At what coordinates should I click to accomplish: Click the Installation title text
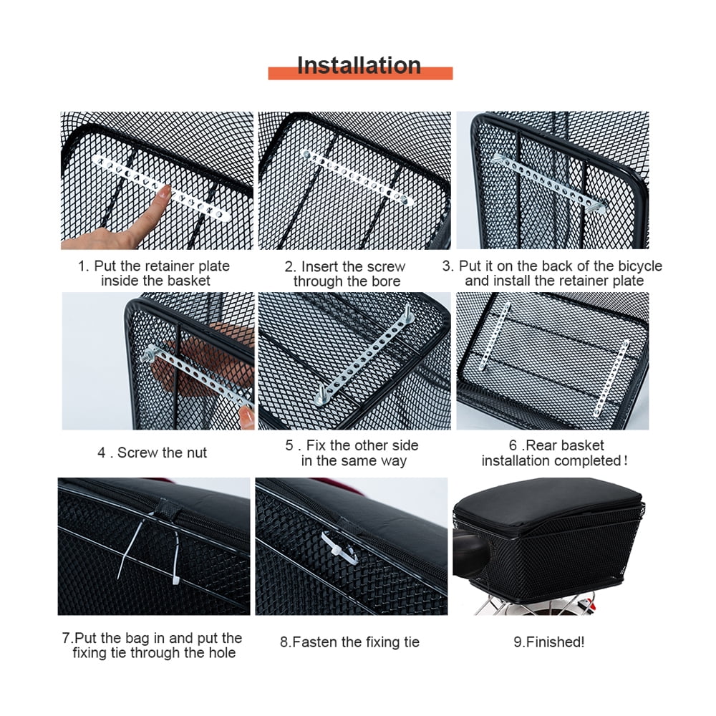click(359, 65)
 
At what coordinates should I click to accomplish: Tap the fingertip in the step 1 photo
click(164, 193)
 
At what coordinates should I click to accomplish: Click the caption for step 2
click(347, 274)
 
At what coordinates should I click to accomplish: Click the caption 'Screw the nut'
click(153, 453)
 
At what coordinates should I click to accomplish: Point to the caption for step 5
click(352, 453)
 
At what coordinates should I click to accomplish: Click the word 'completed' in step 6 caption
click(586, 460)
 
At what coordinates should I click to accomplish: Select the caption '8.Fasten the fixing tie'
click(349, 642)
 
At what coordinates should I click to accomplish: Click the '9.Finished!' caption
click(549, 642)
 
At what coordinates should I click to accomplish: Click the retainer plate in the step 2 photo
click(356, 179)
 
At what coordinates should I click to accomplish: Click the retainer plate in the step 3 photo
click(548, 181)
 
